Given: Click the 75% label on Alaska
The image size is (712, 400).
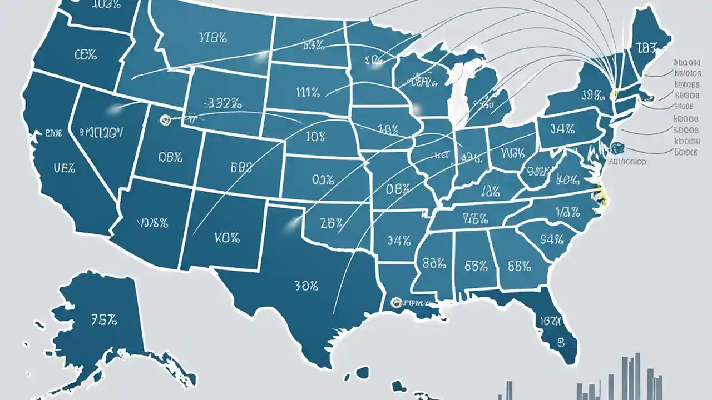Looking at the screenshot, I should tap(102, 319).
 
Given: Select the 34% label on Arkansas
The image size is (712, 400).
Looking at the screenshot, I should tap(399, 241).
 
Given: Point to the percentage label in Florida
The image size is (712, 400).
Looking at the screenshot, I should tap(550, 322).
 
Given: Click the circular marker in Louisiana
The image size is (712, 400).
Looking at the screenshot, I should tap(396, 303).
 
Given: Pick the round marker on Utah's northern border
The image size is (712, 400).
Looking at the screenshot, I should tap(163, 119).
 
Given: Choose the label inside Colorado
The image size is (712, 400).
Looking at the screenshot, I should tap(240, 166).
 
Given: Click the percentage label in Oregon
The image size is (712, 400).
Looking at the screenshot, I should tap(85, 54).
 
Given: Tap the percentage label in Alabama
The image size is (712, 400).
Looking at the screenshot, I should tap(476, 266).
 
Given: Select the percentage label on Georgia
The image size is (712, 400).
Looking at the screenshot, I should tap(519, 266).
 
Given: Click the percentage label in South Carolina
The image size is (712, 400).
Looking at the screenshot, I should tap(552, 240).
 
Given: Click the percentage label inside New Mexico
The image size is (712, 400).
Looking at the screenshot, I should tap(226, 238).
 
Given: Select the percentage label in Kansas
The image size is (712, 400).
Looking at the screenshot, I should tap(323, 179).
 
